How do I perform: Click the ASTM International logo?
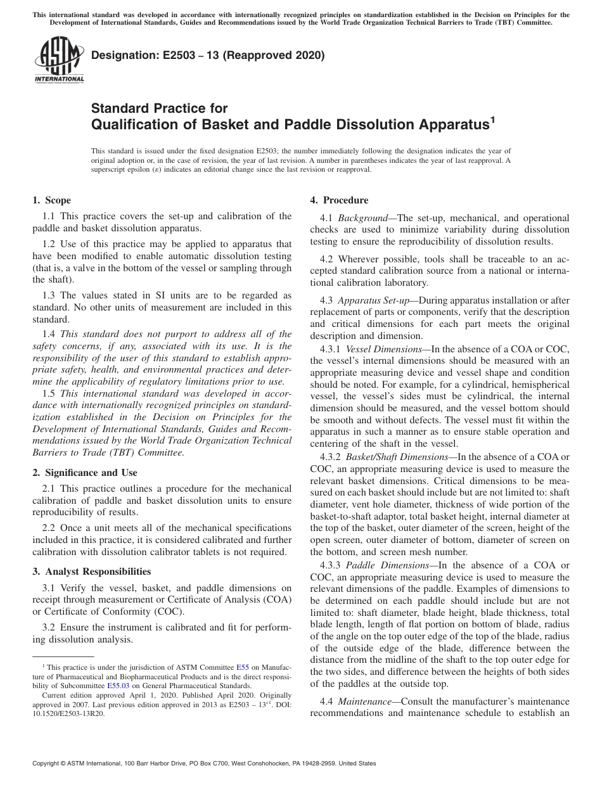pyautogui.click(x=58, y=61)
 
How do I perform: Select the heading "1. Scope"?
pyautogui.click(x=52, y=201)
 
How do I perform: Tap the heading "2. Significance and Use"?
pyautogui.click(x=85, y=473)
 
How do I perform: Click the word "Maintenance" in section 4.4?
pyautogui.click(x=368, y=701)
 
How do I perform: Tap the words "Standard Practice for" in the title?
pyautogui.click(x=160, y=108)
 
